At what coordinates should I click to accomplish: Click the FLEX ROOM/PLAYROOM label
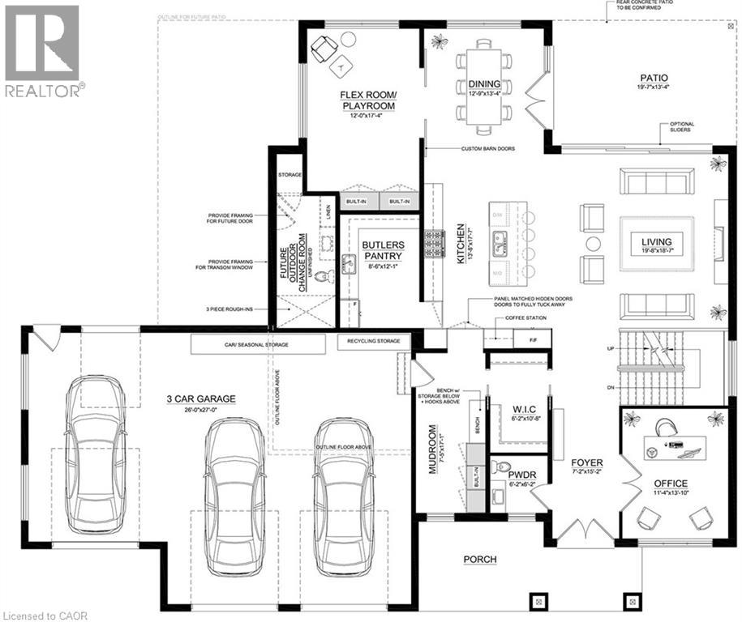(367, 100)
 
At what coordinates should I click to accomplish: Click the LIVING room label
(658, 241)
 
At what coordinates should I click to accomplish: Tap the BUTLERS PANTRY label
(382, 249)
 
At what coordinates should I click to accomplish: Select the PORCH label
(480, 559)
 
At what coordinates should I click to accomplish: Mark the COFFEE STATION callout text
(528, 317)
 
